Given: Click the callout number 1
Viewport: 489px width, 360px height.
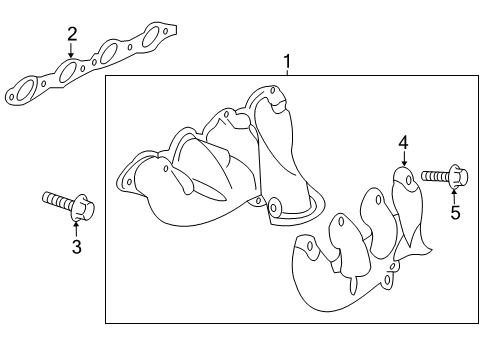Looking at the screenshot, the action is pyautogui.click(x=287, y=64).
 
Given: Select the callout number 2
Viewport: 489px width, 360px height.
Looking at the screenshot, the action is pyautogui.click(x=71, y=35).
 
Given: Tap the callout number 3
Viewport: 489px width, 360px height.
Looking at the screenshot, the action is pyautogui.click(x=75, y=245).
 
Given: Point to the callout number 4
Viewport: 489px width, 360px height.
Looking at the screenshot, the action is pyautogui.click(x=403, y=142).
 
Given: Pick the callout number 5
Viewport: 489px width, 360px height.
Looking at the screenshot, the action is pyautogui.click(x=455, y=212).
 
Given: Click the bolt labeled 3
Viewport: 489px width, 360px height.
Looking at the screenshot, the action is pyautogui.click(x=68, y=205).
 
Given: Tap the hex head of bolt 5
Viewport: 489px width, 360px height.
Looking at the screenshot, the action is pyautogui.click(x=456, y=179).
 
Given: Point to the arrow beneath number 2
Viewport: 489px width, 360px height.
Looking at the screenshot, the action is pyautogui.click(x=71, y=50).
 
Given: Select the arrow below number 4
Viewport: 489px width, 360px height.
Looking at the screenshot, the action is pyautogui.click(x=403, y=160).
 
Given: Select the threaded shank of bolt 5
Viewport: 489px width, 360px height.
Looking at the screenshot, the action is pyautogui.click(x=434, y=177).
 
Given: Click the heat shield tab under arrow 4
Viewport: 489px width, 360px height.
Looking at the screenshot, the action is pyautogui.click(x=403, y=180).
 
